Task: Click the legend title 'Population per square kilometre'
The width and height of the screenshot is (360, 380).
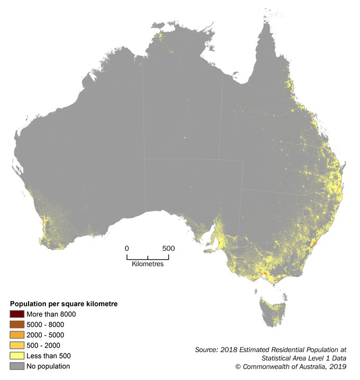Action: point(64,304)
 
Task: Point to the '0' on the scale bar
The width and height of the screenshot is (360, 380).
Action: point(127,248)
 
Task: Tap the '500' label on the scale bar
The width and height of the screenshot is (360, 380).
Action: point(168,248)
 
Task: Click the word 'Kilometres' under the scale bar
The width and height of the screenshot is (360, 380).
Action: point(147,264)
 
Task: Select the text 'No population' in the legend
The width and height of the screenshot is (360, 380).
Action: point(48,366)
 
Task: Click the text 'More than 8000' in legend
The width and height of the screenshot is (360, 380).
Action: point(51,314)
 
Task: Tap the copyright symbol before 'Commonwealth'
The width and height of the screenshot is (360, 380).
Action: point(239,366)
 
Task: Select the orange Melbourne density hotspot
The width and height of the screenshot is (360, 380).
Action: point(264,274)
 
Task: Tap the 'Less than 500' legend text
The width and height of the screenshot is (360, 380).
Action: point(48,356)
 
